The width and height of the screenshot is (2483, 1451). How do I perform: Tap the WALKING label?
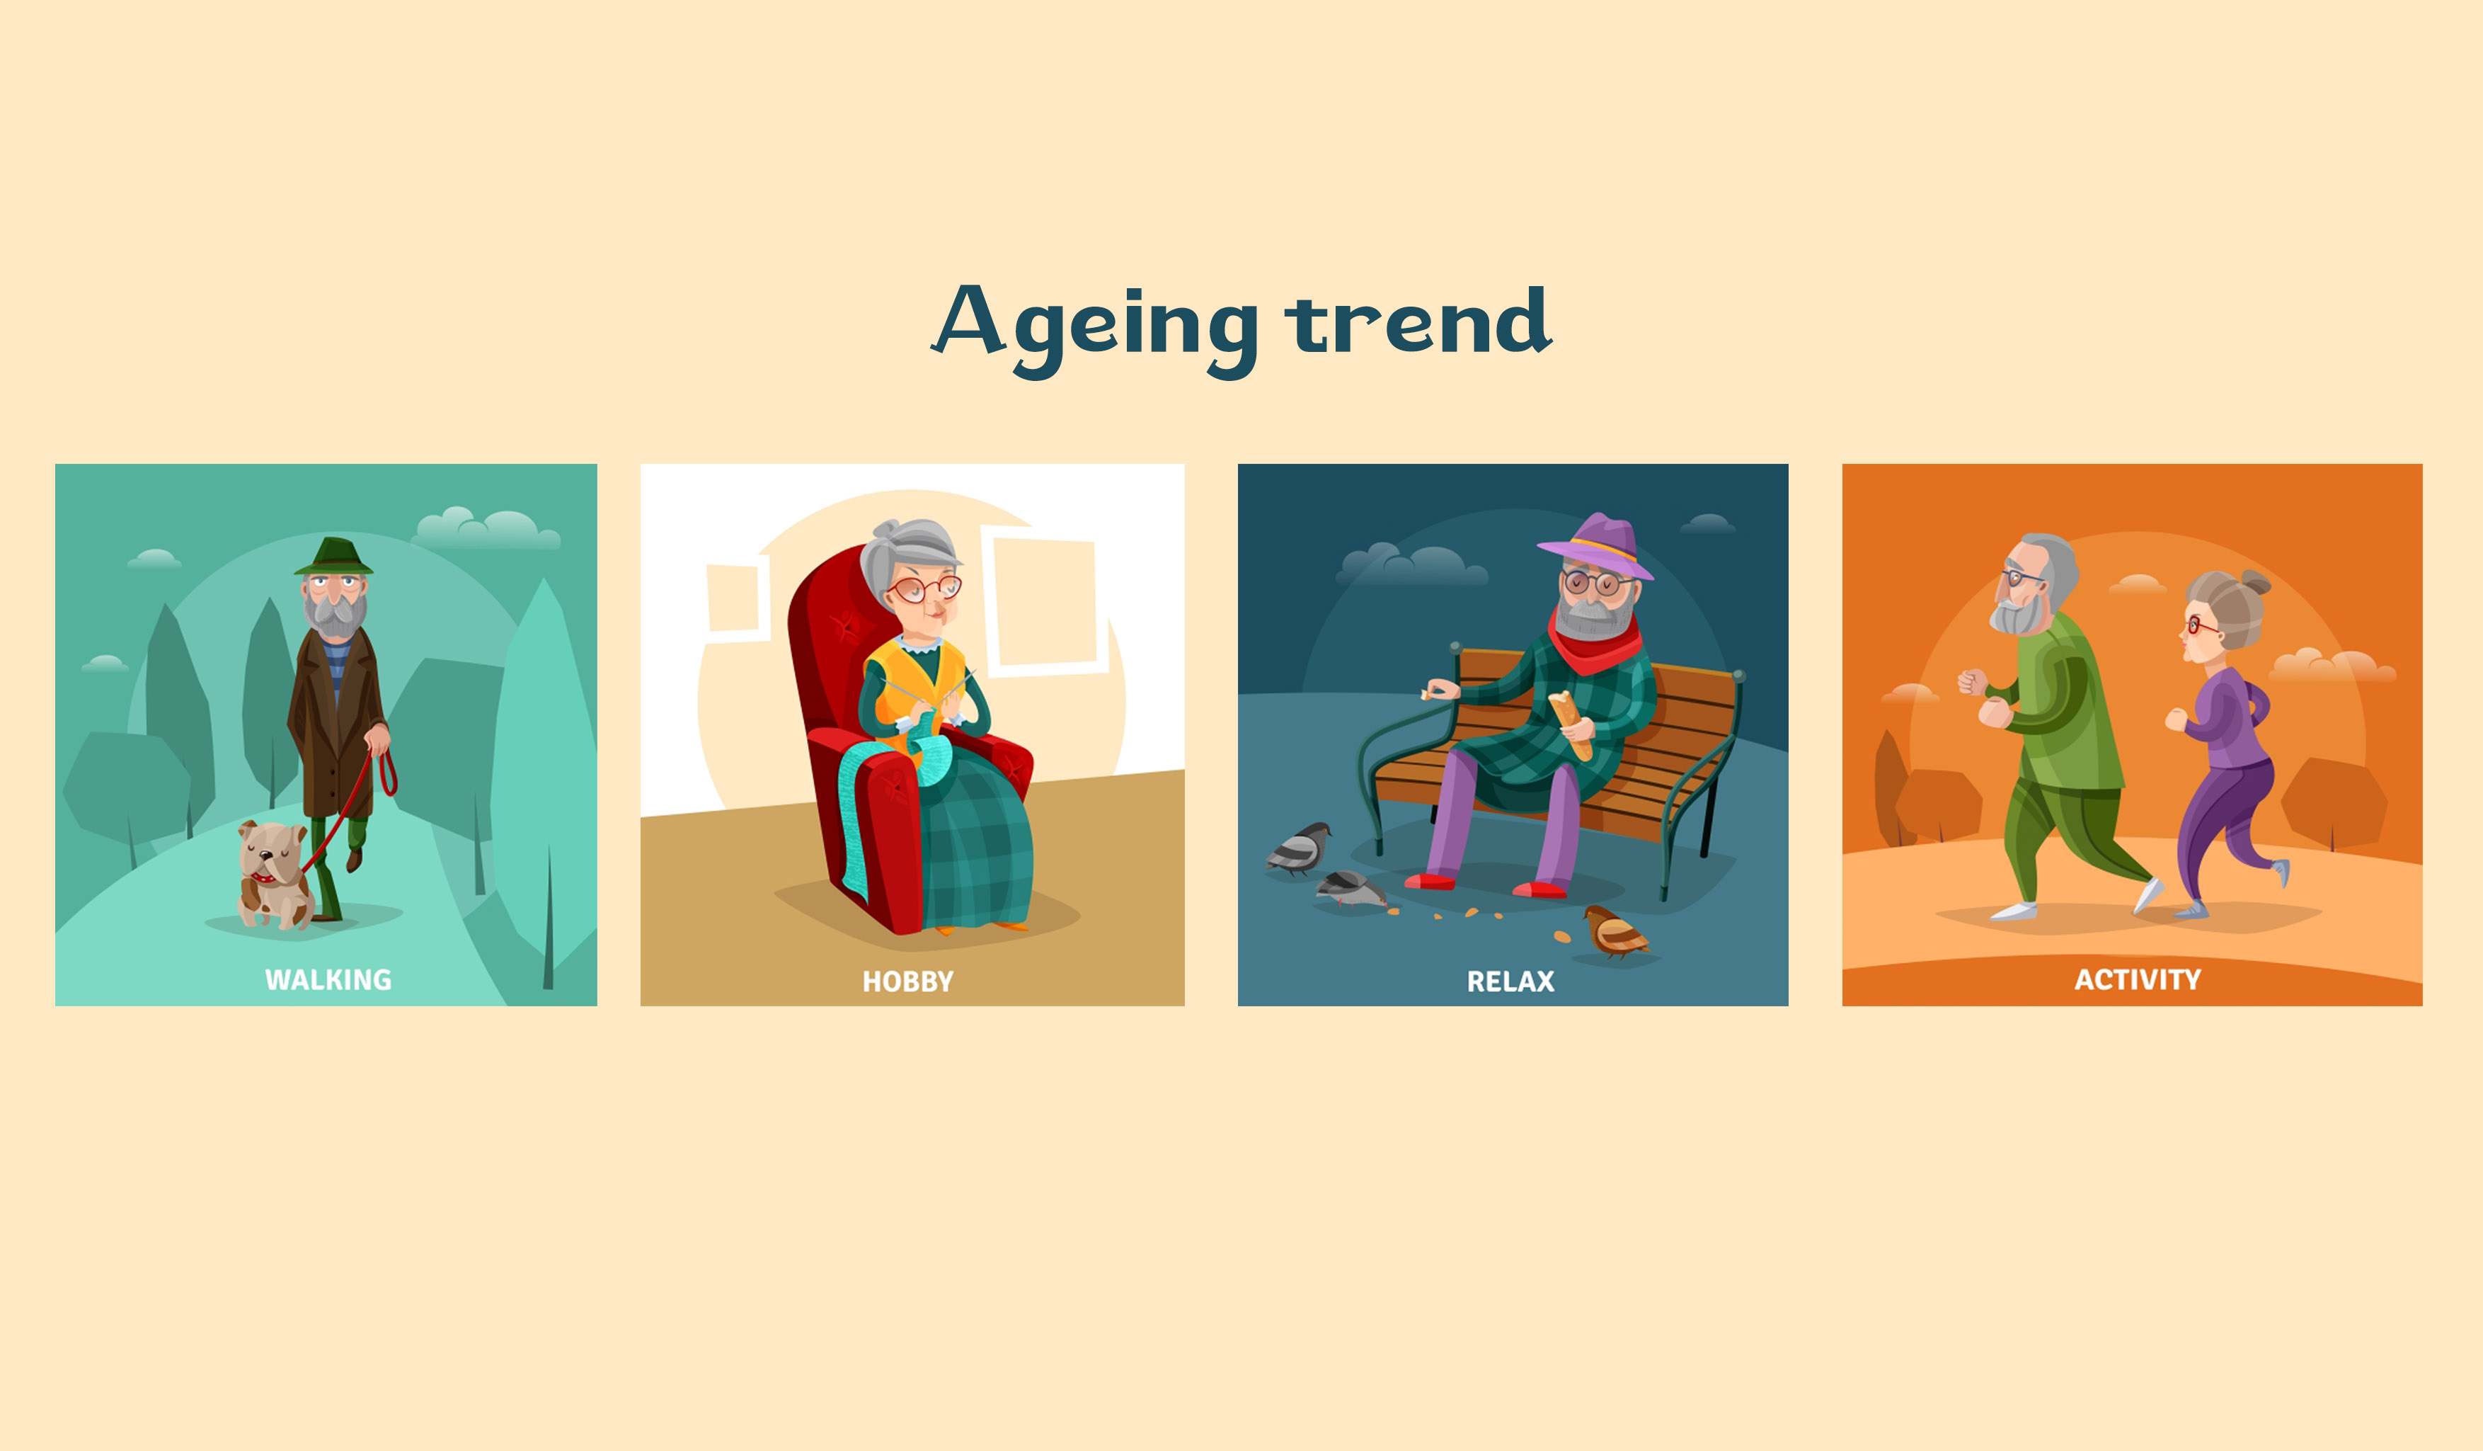(x=328, y=980)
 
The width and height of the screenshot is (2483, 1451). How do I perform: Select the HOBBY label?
(x=907, y=981)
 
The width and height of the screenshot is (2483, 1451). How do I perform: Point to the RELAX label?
(x=1510, y=981)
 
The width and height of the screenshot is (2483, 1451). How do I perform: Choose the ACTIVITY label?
(x=2137, y=980)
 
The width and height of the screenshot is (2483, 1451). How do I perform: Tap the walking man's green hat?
(x=333, y=557)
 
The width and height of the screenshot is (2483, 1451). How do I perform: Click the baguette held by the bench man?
(x=1570, y=724)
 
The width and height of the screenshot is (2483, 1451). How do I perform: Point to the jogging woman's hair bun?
(x=2255, y=583)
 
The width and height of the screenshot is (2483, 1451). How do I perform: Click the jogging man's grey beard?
(x=2017, y=617)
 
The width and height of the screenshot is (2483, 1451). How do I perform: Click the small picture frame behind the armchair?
(x=736, y=599)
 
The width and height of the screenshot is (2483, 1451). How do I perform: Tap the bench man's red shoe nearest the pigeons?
(x=1430, y=881)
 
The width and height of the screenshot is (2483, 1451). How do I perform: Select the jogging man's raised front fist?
(x=1972, y=681)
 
